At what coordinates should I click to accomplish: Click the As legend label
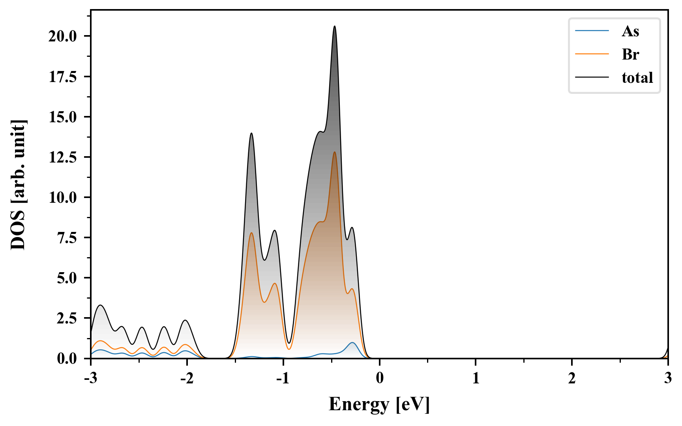[630, 31]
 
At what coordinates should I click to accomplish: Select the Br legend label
[630, 54]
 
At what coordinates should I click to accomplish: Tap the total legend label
[637, 78]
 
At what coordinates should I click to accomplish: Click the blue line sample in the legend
[592, 31]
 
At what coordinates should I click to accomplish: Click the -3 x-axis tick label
[90, 378]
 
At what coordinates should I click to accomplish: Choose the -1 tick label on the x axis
[283, 378]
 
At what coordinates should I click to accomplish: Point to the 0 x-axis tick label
[380, 378]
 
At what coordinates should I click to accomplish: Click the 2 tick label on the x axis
[572, 378]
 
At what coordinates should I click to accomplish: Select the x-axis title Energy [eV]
[379, 404]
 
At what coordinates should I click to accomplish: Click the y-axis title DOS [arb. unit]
[18, 185]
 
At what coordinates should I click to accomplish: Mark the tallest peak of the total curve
[335, 26]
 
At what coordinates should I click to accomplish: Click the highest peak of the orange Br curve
[335, 152]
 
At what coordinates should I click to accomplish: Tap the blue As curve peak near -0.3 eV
[352, 343]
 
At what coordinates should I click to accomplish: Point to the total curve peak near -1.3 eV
[251, 133]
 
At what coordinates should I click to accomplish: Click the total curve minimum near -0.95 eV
[289, 343]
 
